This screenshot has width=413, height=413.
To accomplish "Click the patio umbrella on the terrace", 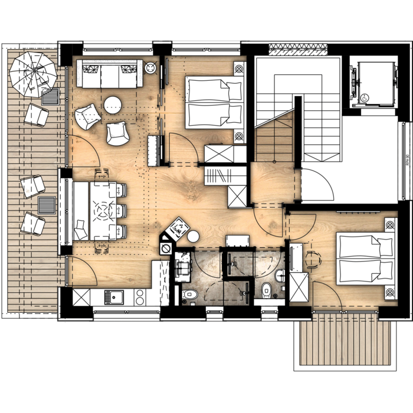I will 33,74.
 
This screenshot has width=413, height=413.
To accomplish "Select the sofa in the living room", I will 109,74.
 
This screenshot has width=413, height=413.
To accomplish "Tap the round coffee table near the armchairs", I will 113,105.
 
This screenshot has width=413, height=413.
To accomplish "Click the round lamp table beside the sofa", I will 150,68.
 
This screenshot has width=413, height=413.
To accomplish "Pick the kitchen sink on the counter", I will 112,297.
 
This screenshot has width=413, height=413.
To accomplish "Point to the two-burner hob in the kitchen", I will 140,297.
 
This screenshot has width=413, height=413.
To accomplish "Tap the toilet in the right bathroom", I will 266,290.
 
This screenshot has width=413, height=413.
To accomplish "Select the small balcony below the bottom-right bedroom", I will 345,342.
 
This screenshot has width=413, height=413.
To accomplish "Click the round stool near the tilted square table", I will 193,237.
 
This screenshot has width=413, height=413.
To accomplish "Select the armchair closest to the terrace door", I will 87,116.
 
